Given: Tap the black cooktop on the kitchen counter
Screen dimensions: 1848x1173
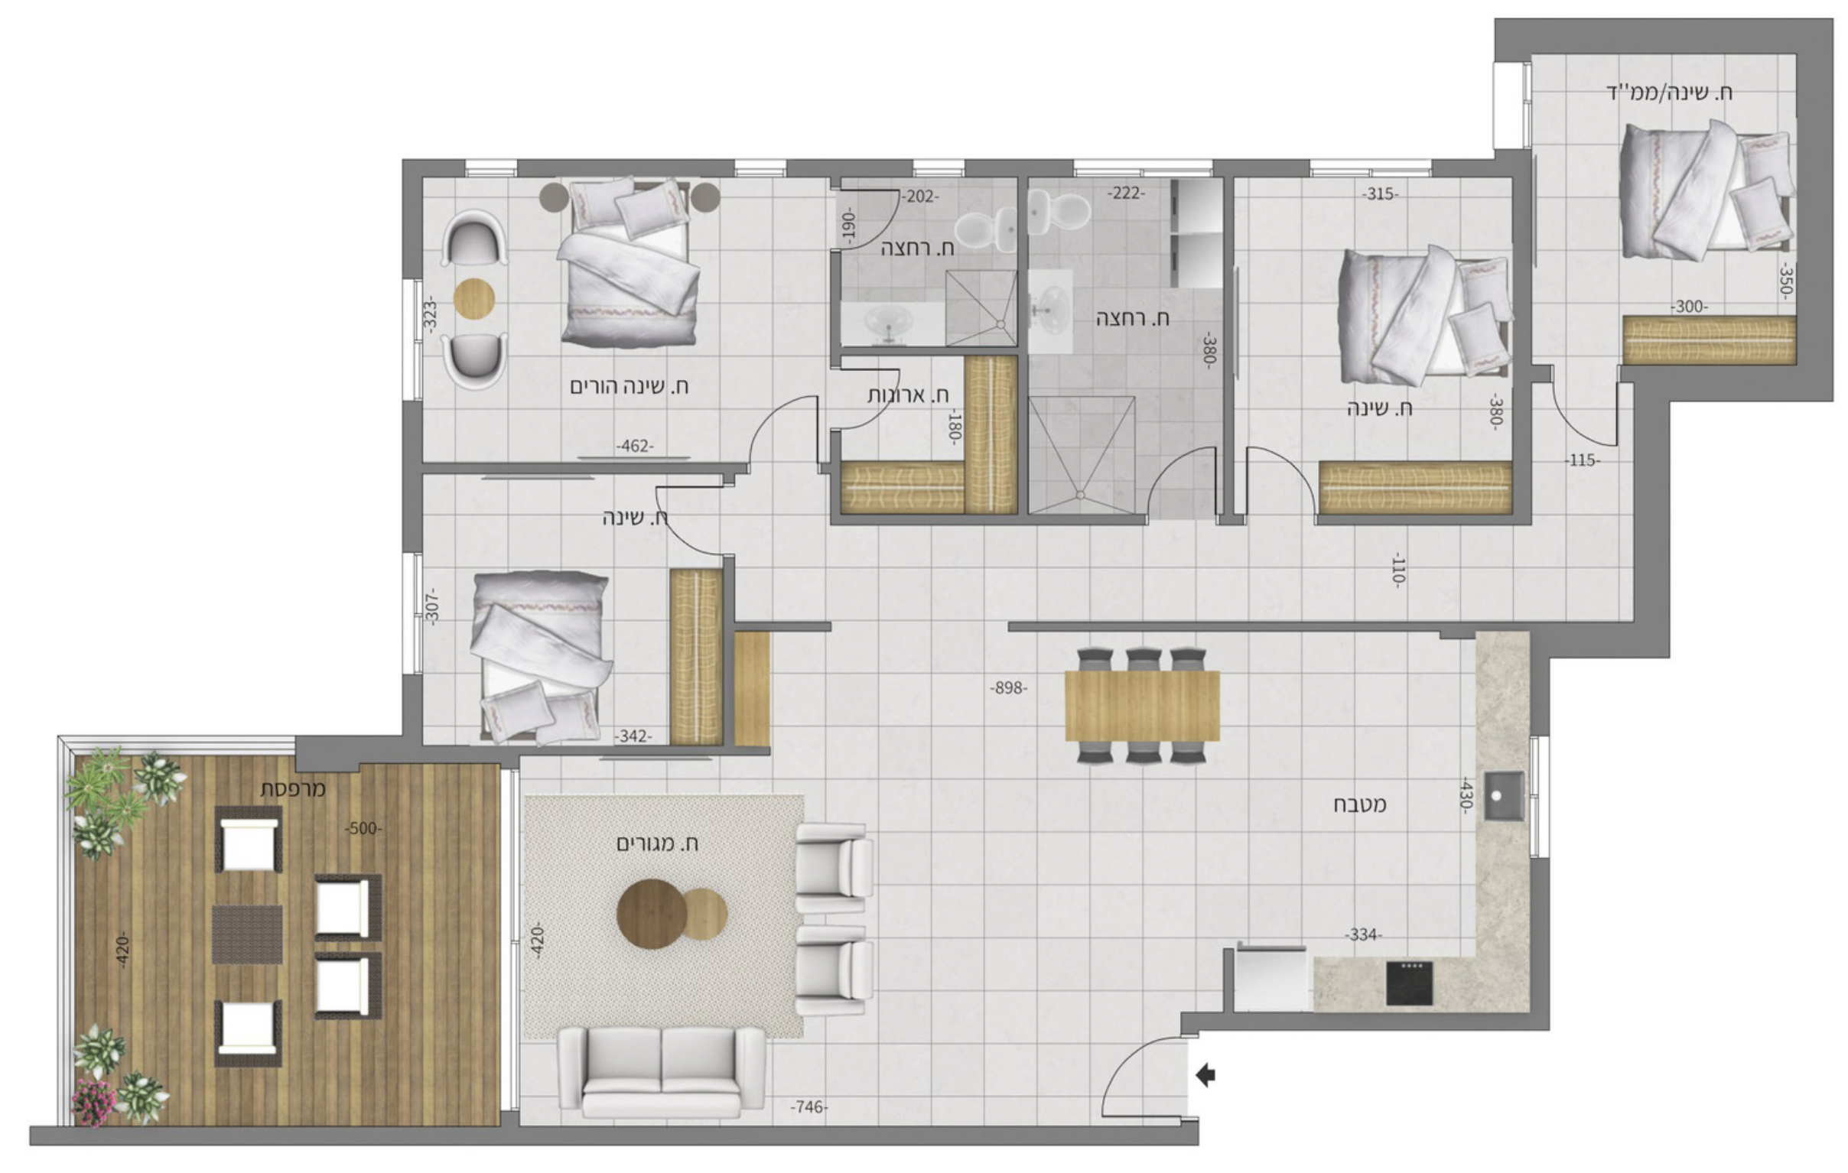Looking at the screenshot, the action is point(1410,983).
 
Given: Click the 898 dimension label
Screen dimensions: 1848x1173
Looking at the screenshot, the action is point(1008,688).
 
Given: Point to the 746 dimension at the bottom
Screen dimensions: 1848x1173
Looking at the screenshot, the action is point(810,1107).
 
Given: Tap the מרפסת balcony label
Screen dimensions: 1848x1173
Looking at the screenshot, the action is point(294,788).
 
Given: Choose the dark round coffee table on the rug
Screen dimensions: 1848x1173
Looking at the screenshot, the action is point(652,914).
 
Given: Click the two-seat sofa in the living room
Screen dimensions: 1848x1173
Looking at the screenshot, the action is point(662,1071).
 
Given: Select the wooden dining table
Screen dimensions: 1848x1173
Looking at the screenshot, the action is point(1142,706).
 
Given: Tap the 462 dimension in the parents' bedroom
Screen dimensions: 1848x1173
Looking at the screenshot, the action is point(635,447).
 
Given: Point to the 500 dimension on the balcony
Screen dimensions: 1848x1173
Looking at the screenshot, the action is point(363,829).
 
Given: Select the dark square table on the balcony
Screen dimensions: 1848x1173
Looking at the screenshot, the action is point(247,934).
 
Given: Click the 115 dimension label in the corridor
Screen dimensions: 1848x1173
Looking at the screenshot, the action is point(1583,460).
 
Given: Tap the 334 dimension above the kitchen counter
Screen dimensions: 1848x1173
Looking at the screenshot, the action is point(1363,934).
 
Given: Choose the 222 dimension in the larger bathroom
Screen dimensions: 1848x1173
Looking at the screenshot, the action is point(1126,193).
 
